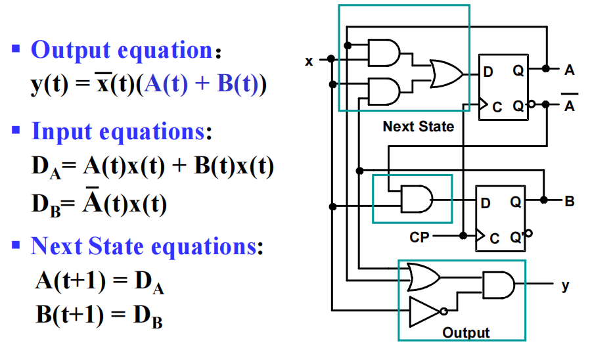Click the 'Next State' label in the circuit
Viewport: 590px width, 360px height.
[x=418, y=126]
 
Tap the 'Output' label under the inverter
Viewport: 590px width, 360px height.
[x=466, y=332]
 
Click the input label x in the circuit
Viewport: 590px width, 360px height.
[x=309, y=61]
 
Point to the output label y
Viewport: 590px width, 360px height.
[x=565, y=286]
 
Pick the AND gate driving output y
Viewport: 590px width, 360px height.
[x=500, y=284]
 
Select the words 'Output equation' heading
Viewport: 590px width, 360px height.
[x=121, y=50]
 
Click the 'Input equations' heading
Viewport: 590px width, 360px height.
[x=118, y=131]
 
